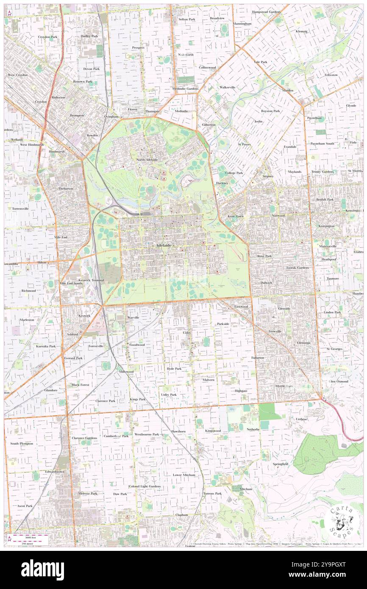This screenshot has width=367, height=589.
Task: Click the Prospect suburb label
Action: [x=138, y=48]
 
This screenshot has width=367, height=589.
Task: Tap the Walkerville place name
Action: [x=227, y=87]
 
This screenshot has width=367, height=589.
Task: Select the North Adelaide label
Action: [x=147, y=160]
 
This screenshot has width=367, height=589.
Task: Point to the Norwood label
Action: [x=278, y=216]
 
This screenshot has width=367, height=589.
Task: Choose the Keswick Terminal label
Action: [x=89, y=280]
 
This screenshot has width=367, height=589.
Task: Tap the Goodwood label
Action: [x=137, y=345]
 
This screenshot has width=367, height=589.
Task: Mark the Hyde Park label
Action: [x=174, y=369]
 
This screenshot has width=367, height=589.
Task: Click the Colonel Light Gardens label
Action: [x=145, y=486]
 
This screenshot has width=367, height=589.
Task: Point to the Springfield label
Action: [x=280, y=464]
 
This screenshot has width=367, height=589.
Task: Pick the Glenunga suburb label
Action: [x=303, y=342]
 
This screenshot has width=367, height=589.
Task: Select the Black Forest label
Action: [x=81, y=385]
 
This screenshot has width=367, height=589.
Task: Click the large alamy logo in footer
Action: [x=42, y=570]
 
